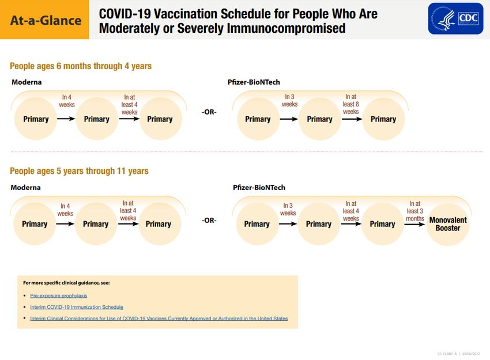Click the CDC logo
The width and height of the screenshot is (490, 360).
click(x=455, y=18)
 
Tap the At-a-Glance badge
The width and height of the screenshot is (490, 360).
click(x=46, y=20)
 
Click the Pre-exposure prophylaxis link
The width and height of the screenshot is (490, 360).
click(x=59, y=295)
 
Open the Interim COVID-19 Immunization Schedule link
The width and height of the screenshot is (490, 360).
click(x=77, y=307)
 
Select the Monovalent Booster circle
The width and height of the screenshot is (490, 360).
click(x=448, y=224)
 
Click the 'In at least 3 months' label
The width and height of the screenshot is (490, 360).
click(x=414, y=211)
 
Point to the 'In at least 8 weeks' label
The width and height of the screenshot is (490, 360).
click(x=350, y=104)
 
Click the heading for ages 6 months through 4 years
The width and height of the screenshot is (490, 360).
click(x=81, y=66)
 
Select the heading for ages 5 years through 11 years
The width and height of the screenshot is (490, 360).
click(x=79, y=170)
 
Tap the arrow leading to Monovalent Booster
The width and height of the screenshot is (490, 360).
click(x=414, y=224)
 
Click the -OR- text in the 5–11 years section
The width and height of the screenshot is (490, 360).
click(x=209, y=221)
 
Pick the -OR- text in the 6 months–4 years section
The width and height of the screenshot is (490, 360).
click(x=209, y=112)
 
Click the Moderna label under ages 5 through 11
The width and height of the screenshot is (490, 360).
click(x=25, y=187)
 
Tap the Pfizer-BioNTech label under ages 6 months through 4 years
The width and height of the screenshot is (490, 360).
click(x=254, y=82)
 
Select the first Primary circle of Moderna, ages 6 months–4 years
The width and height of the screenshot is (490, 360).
click(x=36, y=119)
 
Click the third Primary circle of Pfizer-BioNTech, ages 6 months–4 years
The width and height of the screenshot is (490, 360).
click(x=383, y=119)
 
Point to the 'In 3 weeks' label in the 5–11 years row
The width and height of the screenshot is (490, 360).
click(x=288, y=209)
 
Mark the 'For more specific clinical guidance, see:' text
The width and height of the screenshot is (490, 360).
click(x=66, y=283)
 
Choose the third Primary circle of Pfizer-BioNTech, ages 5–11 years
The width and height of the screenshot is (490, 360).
click(x=382, y=224)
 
